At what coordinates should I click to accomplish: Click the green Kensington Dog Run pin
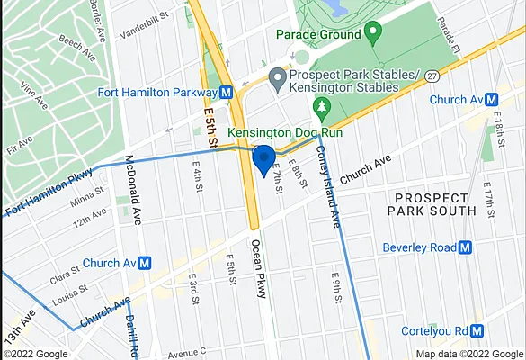pos(322,109)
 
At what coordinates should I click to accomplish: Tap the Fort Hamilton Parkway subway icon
pos(227,92)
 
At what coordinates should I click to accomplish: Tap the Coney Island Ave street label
pos(327,199)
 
